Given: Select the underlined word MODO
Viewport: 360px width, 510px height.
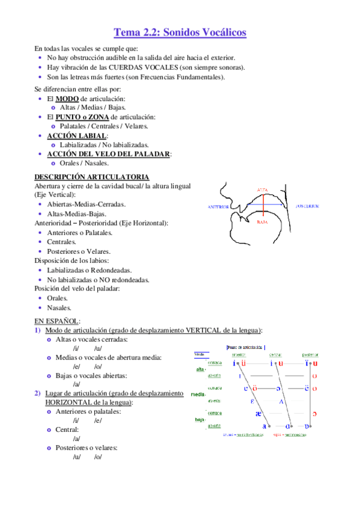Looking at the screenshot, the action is [67, 98].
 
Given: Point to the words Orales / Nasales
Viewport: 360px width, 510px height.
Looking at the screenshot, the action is [84, 163].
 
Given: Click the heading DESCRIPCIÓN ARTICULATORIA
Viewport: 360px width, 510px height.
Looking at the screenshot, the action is [92, 177].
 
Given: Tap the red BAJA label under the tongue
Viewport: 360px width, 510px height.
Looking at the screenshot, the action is [261, 222].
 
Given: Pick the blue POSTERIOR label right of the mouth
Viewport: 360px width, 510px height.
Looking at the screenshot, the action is [307, 206].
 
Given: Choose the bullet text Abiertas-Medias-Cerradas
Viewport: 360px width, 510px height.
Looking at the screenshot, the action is [86, 204].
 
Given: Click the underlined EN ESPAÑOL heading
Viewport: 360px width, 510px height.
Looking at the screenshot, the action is [56, 321].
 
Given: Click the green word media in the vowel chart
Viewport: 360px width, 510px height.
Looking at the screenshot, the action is [198, 394].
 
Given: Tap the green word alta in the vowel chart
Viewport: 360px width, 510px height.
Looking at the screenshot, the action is [200, 369].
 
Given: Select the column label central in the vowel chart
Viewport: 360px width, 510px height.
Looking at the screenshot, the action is [276, 355].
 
